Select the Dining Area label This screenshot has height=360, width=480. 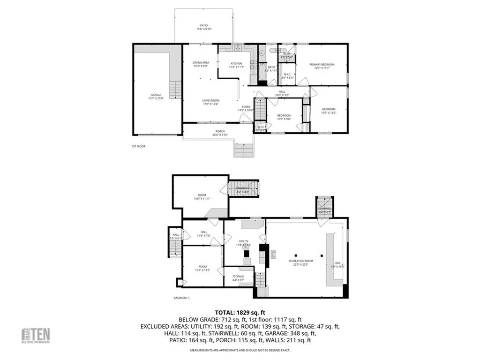[201, 64]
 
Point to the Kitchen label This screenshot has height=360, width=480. [236, 65]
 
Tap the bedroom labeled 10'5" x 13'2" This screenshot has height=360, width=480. [329, 111]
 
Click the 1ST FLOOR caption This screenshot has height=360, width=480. [138, 147]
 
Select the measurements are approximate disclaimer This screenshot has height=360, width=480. [240, 350]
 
